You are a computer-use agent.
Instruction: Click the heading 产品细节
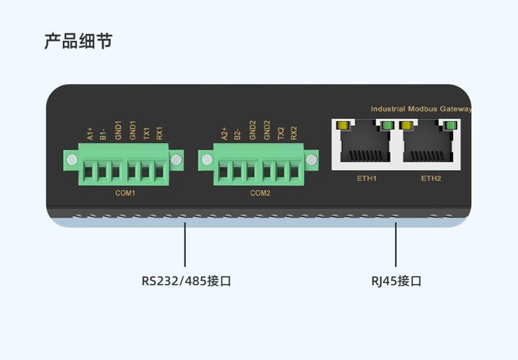(x=79, y=41)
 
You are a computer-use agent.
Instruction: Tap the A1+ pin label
(x=90, y=133)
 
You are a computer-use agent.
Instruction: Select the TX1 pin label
(x=146, y=133)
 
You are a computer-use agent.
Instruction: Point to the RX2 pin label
(x=294, y=133)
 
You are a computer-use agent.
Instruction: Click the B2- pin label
(x=237, y=135)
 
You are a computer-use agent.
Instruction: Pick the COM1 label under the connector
(x=125, y=193)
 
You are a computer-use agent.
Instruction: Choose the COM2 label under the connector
(x=260, y=193)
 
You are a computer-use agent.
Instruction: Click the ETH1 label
(x=367, y=178)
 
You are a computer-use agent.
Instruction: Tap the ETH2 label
(x=431, y=178)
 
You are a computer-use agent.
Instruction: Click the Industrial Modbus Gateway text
(x=421, y=108)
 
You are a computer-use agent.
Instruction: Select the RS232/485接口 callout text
(x=186, y=281)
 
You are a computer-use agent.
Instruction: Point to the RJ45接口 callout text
(x=396, y=281)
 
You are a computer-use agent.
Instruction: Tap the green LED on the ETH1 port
(x=387, y=126)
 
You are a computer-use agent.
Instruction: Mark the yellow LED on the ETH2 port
(x=407, y=126)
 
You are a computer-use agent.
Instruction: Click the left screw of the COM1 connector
(x=72, y=160)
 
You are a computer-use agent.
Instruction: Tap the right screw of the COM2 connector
(x=311, y=160)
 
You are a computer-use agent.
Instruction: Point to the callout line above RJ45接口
(x=396, y=245)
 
